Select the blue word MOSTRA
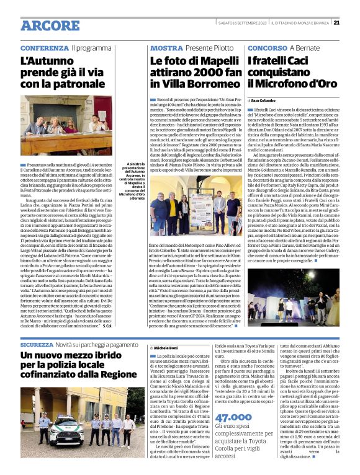(x=166, y=48)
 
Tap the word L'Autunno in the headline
(x=47, y=62)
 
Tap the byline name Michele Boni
(x=166, y=348)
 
